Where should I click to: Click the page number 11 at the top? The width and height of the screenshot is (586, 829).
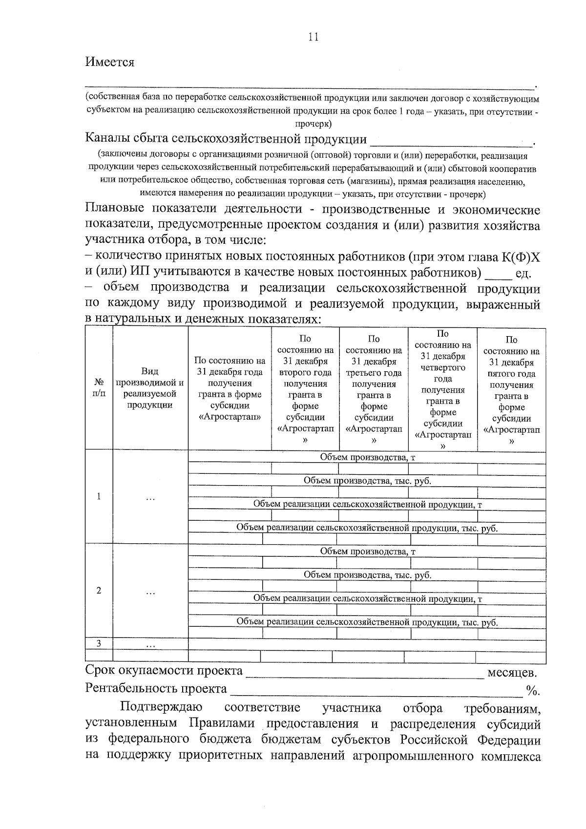314,37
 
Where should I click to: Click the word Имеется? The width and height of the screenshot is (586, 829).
110,63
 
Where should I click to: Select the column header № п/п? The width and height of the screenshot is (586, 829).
99,387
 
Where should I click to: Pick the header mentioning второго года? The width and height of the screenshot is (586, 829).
305,388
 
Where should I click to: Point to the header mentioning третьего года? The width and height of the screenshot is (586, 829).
374,388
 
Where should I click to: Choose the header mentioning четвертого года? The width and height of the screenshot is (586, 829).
442,388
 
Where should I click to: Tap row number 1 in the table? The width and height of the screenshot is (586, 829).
99,496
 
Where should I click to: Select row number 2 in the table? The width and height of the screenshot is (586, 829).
99,590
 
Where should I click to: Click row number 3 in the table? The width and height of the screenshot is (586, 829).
99,643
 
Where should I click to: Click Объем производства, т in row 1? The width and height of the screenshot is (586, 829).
367,457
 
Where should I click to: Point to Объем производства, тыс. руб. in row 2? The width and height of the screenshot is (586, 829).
367,575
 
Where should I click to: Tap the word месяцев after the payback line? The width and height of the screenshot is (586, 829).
512,673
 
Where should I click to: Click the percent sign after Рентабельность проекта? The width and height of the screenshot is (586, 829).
532,690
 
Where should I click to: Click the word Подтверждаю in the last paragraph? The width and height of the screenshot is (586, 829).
162,708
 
